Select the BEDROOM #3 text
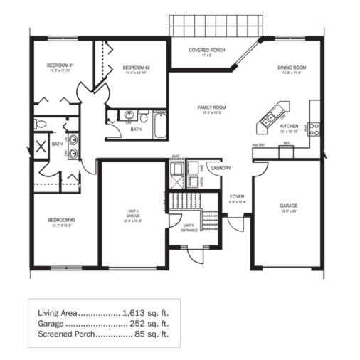[x=61, y=220]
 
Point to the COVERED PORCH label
[x=206, y=51]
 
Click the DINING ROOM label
[x=291, y=68]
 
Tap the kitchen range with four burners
[x=314, y=129]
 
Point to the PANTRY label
[x=259, y=145]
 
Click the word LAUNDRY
[x=221, y=169]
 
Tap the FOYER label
[x=237, y=196]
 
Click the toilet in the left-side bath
[x=41, y=125]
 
